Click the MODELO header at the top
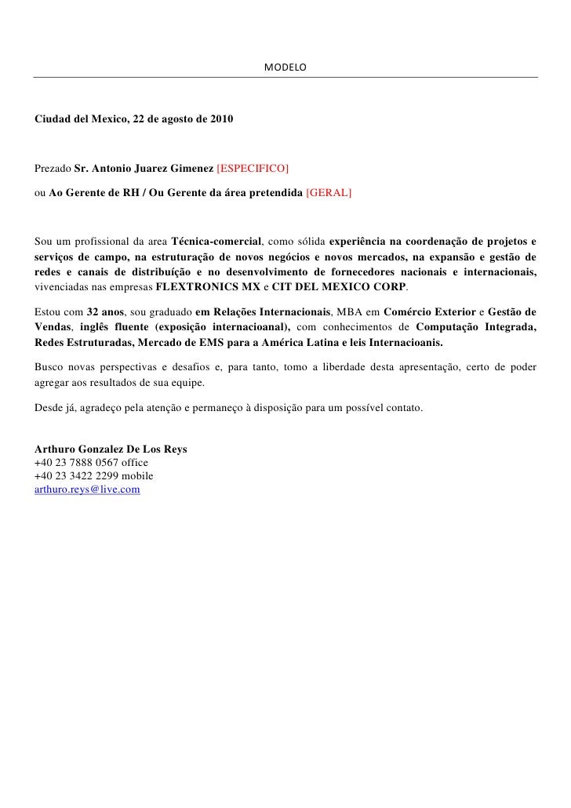pyautogui.click(x=285, y=68)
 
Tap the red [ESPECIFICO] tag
pyautogui.click(x=252, y=169)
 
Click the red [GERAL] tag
pyautogui.click(x=329, y=191)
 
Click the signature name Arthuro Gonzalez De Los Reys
pyautogui.click(x=111, y=449)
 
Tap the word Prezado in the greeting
pyautogui.click(x=53, y=169)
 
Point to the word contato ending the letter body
pyautogui.click(x=406, y=409)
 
